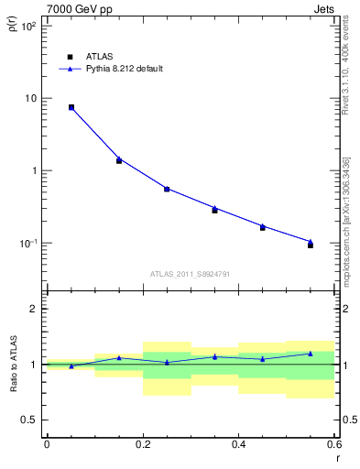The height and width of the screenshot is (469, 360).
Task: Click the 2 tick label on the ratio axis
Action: pyautogui.click(x=34, y=309)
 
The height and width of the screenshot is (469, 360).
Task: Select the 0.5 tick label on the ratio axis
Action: pyautogui.click(x=30, y=420)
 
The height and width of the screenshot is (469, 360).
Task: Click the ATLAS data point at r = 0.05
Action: pyautogui.click(x=71, y=107)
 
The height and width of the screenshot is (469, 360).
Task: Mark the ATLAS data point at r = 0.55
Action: pyautogui.click(x=311, y=245)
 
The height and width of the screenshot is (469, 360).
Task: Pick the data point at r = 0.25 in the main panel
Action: pyautogui.click(x=167, y=189)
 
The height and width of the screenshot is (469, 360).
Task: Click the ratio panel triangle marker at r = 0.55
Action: pyautogui.click(x=311, y=354)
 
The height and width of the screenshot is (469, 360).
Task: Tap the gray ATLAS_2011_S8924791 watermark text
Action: pyautogui.click(x=190, y=273)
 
